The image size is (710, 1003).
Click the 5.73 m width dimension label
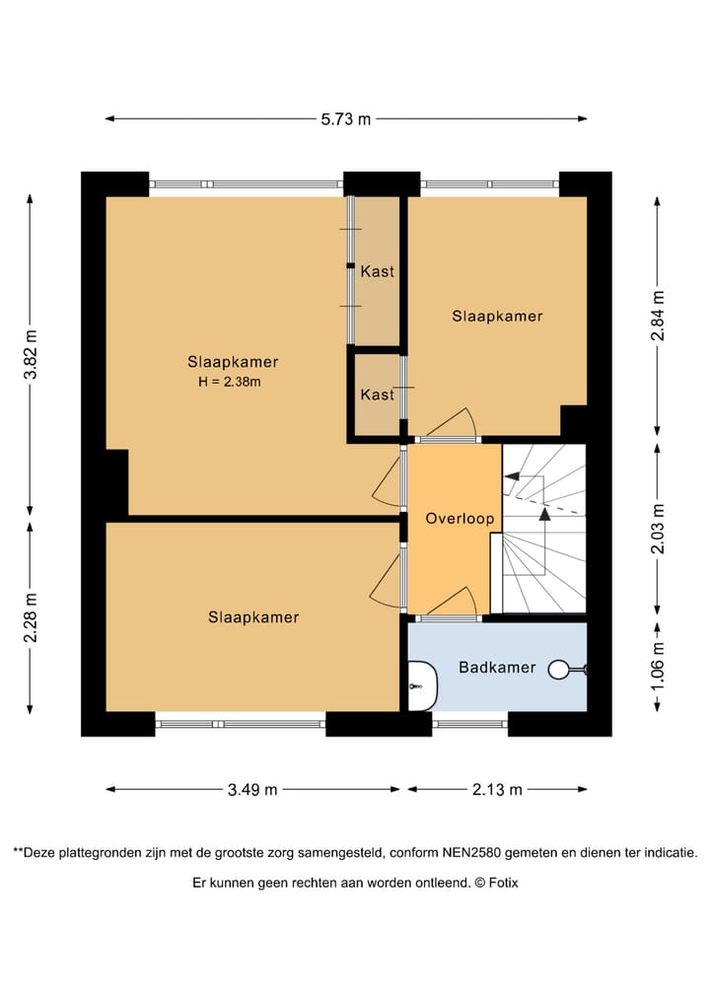[x=346, y=119]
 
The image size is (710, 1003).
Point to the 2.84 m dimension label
[x=658, y=315]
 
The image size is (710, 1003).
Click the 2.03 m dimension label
[x=658, y=529]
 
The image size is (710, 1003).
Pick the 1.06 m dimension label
[x=658, y=666]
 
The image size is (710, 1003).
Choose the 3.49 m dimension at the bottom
[x=252, y=789]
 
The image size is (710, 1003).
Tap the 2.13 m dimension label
[x=497, y=789]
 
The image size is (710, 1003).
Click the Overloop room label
[x=460, y=518]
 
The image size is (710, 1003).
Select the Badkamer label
[x=497, y=667]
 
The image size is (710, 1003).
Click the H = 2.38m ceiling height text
[x=230, y=383]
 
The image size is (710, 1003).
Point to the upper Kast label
[x=378, y=271]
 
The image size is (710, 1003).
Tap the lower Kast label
[x=378, y=394]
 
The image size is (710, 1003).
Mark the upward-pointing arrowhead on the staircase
[x=544, y=513]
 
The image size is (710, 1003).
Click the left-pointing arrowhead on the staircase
[x=511, y=476]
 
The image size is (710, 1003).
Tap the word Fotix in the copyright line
[x=503, y=883]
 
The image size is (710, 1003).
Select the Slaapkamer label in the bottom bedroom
[x=253, y=617]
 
